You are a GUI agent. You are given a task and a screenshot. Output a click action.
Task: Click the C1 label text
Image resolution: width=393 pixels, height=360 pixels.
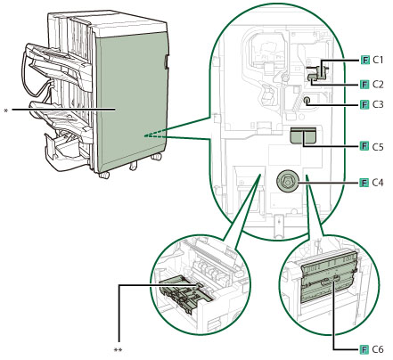click(x=378, y=61)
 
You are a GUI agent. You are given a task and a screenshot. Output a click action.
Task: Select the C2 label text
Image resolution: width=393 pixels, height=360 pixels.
click(x=378, y=85)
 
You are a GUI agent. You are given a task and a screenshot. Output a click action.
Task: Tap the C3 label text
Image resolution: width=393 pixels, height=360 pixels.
click(x=378, y=104)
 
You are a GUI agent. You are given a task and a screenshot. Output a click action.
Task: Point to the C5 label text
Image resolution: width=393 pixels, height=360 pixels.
click(x=378, y=147)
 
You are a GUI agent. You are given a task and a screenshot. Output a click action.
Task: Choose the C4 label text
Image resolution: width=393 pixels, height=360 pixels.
click(x=378, y=183)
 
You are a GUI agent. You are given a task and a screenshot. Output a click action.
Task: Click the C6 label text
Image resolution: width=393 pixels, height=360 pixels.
click(x=378, y=349)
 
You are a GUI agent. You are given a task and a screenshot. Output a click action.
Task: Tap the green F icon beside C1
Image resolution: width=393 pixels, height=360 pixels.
click(x=364, y=61)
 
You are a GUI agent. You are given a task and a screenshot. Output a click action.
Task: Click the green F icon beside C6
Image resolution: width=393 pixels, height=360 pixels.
click(x=364, y=349)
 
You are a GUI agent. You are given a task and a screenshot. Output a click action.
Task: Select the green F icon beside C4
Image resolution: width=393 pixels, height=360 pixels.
click(x=364, y=183)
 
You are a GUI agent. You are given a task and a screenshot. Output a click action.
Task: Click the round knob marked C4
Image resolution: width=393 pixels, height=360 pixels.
click(x=287, y=181)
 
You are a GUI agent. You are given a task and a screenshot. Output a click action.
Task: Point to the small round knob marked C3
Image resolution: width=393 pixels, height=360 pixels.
click(x=307, y=101)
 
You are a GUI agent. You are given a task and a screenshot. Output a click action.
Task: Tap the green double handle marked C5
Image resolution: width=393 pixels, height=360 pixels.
click(x=303, y=135)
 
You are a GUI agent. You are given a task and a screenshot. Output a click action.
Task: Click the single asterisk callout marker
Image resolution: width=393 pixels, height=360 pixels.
click(x=5, y=110)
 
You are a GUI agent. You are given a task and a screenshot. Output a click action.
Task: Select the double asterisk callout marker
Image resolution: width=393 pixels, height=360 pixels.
click(x=118, y=350)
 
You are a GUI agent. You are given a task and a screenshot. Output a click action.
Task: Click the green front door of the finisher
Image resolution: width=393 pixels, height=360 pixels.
click(x=132, y=101)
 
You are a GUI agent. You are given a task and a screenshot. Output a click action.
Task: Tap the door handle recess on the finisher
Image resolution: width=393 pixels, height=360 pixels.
click(x=165, y=61)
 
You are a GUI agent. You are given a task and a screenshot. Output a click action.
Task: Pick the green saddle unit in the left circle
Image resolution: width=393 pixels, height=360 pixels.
click(x=184, y=294)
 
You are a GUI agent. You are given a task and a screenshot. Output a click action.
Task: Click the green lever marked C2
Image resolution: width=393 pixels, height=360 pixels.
click(x=313, y=78)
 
